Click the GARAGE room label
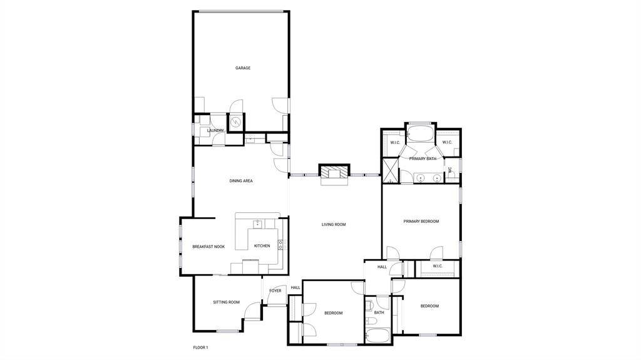tap(243, 68)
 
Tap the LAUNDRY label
tap(215, 130)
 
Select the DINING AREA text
tap(241, 181)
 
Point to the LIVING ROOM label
tap(334, 225)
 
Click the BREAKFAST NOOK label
tap(208, 247)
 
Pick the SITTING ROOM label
tap(226, 302)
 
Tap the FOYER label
tap(275, 291)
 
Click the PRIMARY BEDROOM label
tap(421, 221)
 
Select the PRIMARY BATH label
tap(423, 159)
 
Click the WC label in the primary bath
tap(450, 170)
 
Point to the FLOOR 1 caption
tap(201, 347)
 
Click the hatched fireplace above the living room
tap(334, 171)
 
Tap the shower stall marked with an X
tap(390, 170)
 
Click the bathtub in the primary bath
tap(421, 134)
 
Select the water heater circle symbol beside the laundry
tap(236, 122)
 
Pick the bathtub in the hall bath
tap(378, 335)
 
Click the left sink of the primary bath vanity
tap(420, 178)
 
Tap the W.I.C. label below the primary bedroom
tap(438, 266)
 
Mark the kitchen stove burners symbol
tap(282, 245)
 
